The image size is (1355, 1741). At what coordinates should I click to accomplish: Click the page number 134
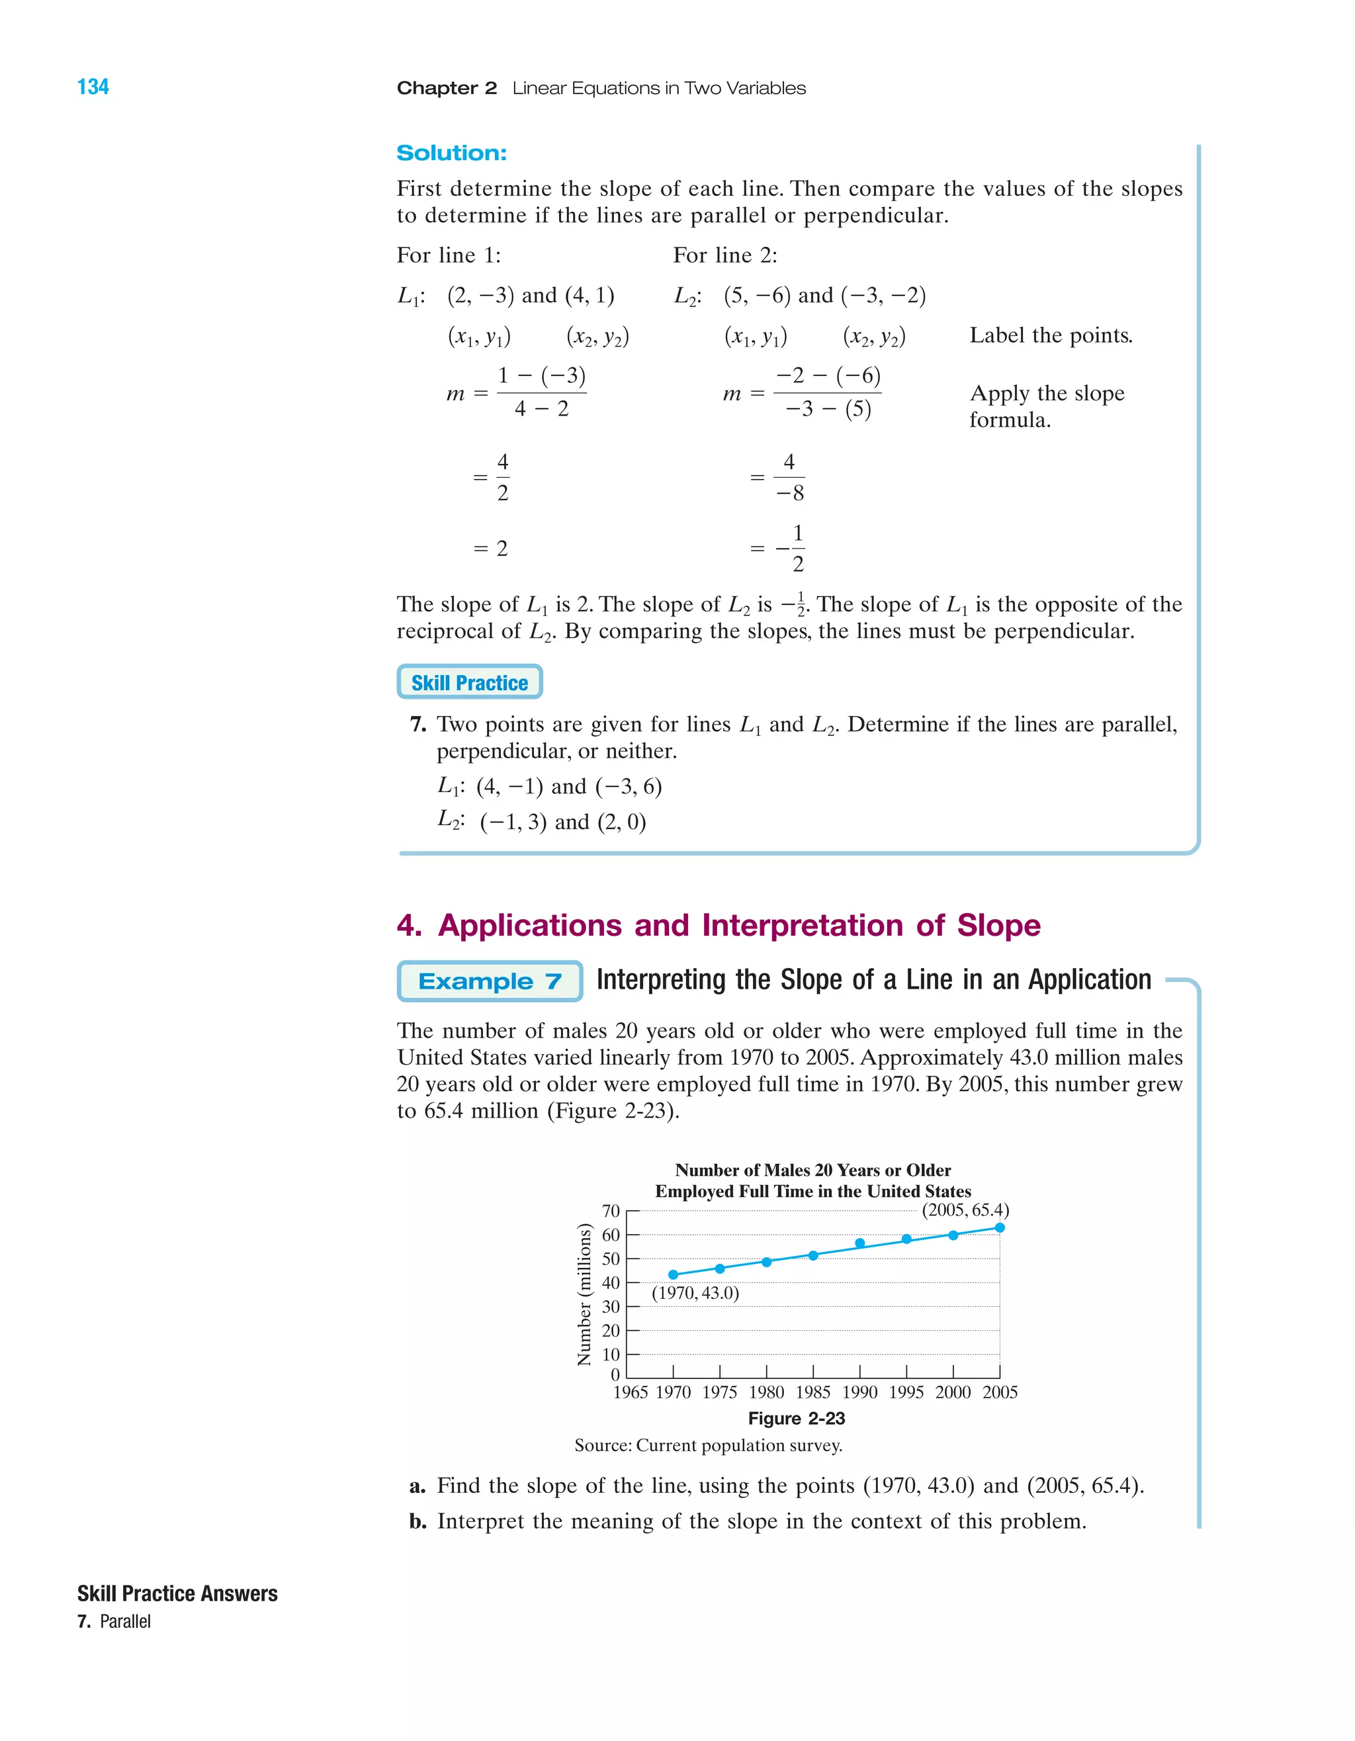point(93,87)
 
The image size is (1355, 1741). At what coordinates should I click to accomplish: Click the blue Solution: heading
point(451,153)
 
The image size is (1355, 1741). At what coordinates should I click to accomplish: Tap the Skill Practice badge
point(470,682)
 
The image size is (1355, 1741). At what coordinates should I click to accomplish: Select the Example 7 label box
point(490,981)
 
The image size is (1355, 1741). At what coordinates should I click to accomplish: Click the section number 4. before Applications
point(409,926)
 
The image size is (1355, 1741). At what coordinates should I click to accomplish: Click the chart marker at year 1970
point(674,1274)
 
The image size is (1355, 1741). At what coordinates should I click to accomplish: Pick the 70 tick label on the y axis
point(611,1211)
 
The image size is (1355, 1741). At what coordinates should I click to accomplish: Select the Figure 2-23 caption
point(797,1418)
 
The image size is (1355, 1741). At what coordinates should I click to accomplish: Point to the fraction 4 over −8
point(789,478)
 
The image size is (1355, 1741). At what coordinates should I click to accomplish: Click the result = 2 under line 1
point(491,549)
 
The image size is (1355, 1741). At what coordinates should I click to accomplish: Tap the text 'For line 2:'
point(724,255)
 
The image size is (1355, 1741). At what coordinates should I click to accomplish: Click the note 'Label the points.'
point(1051,335)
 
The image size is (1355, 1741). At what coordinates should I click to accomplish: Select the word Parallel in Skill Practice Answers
point(125,1621)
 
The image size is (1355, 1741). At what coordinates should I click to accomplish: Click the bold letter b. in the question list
point(417,1521)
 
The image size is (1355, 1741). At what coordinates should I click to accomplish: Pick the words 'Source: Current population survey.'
point(708,1445)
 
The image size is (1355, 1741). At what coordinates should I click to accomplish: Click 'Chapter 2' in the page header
point(447,89)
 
